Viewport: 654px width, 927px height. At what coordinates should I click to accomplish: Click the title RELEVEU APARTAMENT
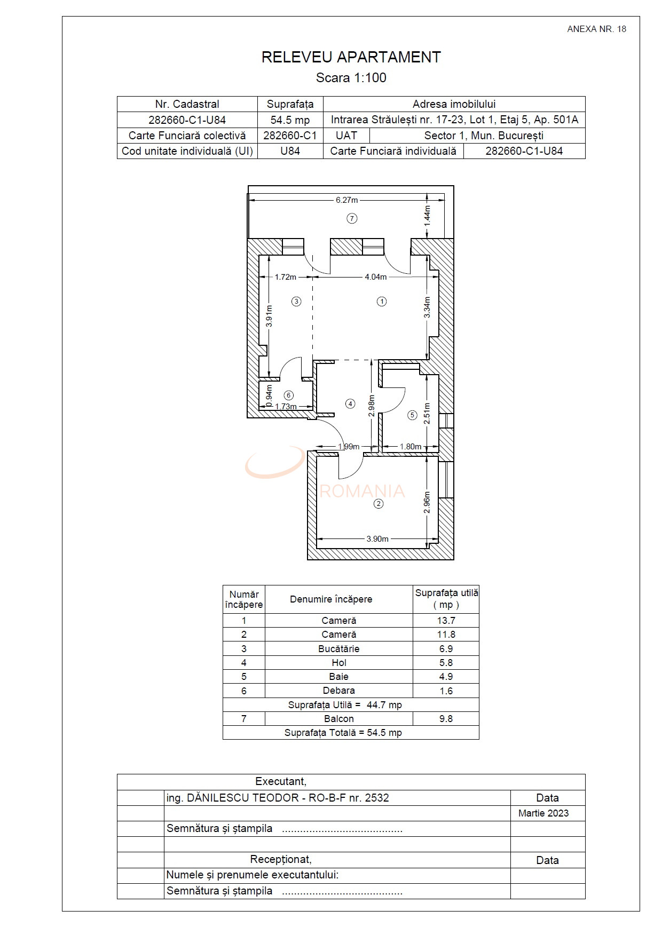(351, 57)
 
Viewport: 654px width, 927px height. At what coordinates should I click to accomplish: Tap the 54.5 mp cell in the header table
(290, 120)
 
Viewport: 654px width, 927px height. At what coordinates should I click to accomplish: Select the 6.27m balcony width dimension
(346, 200)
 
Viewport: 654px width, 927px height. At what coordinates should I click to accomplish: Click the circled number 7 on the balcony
(351, 218)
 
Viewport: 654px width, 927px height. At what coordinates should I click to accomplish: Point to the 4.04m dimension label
(375, 277)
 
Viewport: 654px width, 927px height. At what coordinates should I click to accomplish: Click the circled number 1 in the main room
(381, 302)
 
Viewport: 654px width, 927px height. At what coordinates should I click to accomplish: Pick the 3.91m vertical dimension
(269, 315)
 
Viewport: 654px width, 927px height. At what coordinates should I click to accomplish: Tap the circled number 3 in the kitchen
(296, 302)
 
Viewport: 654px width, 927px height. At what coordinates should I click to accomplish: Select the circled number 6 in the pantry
(289, 395)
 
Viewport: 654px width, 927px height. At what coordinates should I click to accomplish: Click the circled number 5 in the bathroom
(412, 415)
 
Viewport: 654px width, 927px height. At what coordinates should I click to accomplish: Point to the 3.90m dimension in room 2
(377, 539)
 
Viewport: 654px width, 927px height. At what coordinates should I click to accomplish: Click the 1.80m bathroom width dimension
(410, 447)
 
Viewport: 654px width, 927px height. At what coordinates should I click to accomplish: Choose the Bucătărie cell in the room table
(338, 649)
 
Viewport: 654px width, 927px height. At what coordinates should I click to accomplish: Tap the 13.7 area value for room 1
(445, 621)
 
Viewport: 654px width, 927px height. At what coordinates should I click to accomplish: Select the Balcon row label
(338, 719)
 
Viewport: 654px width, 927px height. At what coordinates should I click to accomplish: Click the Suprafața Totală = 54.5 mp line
(343, 733)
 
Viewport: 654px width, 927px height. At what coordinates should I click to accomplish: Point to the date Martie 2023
(543, 813)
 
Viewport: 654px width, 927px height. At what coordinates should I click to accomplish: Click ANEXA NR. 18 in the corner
(596, 29)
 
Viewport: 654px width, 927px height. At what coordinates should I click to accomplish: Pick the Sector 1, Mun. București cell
(483, 136)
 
